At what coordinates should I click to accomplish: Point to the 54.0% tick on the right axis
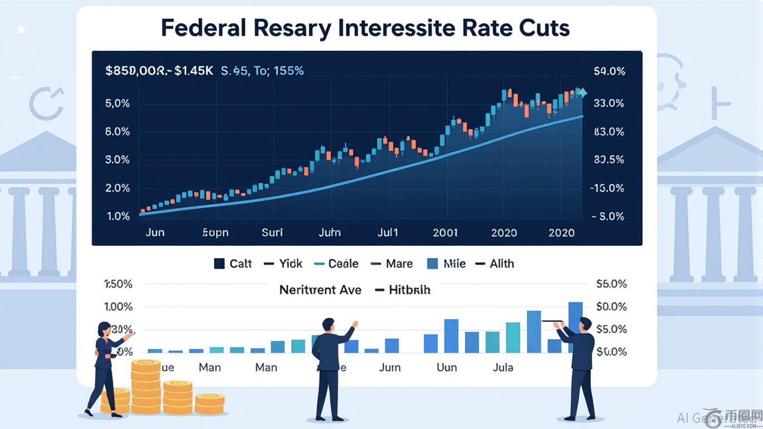609,71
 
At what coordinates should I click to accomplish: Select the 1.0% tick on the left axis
118,216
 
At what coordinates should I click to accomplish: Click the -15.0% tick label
607,188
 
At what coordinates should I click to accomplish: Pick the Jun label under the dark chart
155,232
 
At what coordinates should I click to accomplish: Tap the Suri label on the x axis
272,232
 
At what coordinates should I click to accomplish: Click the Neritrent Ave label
320,290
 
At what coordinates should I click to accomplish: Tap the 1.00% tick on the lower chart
118,307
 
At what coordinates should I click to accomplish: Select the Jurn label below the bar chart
389,368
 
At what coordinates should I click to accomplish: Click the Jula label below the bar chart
503,368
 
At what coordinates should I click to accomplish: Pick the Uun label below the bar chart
447,368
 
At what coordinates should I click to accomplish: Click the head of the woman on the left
104,329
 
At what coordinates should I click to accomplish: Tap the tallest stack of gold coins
146,385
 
